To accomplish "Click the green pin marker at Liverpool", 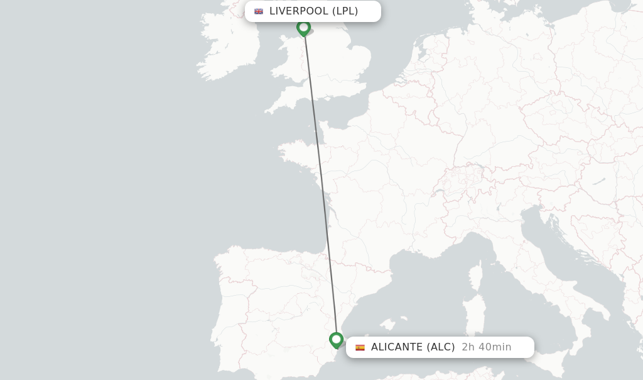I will coord(303,28).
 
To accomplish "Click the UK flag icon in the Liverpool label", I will coord(259,11).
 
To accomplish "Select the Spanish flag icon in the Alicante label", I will coord(360,347).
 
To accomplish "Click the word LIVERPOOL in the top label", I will coord(299,11).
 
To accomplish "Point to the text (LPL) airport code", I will coord(345,11).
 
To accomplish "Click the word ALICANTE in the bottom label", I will coord(397,347).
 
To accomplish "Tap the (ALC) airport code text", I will coord(441,347).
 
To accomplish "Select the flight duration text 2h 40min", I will coord(487,347).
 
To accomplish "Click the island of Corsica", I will coord(476,277).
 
